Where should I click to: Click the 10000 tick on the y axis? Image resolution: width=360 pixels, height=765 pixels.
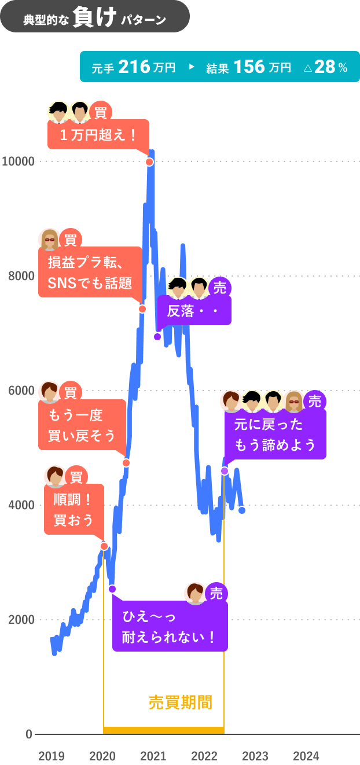tap(18, 161)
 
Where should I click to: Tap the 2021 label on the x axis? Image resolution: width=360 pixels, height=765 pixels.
tap(153, 756)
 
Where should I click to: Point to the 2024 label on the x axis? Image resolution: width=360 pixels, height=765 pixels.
tap(306, 756)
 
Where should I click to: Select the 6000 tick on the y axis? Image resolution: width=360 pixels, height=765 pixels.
tap(21, 391)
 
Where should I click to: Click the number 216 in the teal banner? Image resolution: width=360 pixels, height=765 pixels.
tap(134, 67)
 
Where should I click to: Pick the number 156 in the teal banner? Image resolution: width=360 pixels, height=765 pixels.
tap(250, 67)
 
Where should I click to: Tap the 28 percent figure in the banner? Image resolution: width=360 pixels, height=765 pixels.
tap(325, 67)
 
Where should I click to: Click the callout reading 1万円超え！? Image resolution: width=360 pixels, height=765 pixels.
tap(98, 135)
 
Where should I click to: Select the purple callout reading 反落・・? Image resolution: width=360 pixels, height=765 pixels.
tap(194, 311)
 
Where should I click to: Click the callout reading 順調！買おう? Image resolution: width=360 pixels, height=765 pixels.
tap(74, 509)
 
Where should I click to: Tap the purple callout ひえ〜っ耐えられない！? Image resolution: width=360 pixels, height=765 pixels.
tap(170, 627)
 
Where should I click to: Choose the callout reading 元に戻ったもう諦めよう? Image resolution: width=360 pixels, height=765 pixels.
tap(275, 434)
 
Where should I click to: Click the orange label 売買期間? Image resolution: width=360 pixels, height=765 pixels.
tap(180, 703)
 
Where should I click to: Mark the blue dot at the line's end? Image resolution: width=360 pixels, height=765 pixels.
tap(242, 510)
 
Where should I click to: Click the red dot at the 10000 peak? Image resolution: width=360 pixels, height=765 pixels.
tap(149, 161)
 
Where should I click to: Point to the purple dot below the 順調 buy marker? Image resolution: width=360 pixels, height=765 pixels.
tap(112, 589)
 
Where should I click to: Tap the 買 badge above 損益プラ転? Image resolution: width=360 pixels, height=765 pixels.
tap(71, 239)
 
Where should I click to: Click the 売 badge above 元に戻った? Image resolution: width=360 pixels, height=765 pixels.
tap(314, 401)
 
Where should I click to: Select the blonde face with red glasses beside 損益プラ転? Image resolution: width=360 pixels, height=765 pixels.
tap(49, 239)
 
